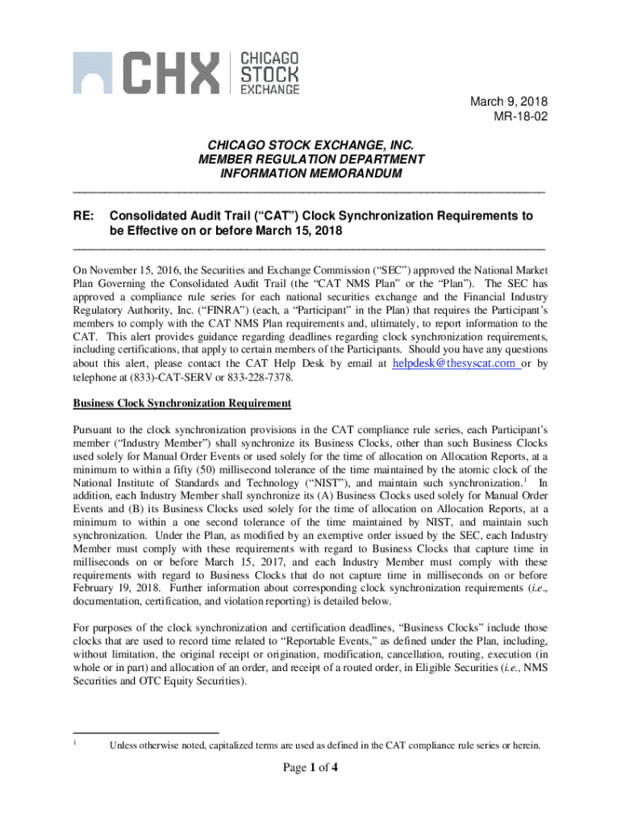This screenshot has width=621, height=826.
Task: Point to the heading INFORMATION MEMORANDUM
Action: (310, 174)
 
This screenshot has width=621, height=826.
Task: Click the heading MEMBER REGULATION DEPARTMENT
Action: (310, 160)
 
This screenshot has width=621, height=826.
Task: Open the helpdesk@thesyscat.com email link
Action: (455, 364)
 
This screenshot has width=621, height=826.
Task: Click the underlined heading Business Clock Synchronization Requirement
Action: (181, 403)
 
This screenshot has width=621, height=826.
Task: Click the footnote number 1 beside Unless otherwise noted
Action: (75, 741)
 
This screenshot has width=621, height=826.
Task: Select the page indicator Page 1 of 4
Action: (310, 767)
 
